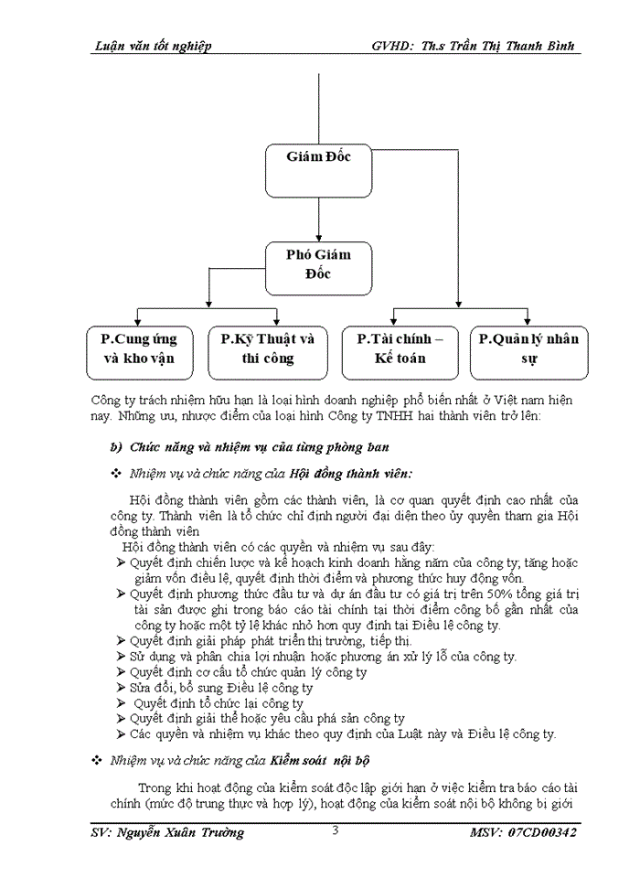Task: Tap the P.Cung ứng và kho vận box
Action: pyautogui.click(x=139, y=350)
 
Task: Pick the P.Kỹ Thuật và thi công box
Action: pyautogui.click(x=268, y=350)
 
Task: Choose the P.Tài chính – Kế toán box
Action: pyautogui.click(x=400, y=350)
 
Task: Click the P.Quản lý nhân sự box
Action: pyautogui.click(x=528, y=350)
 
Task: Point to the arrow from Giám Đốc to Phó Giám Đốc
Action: pyautogui.click(x=318, y=219)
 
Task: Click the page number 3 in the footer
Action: pyautogui.click(x=336, y=830)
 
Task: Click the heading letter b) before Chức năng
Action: pyautogui.click(x=115, y=446)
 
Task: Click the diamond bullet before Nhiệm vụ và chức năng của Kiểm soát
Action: pyautogui.click(x=98, y=760)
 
